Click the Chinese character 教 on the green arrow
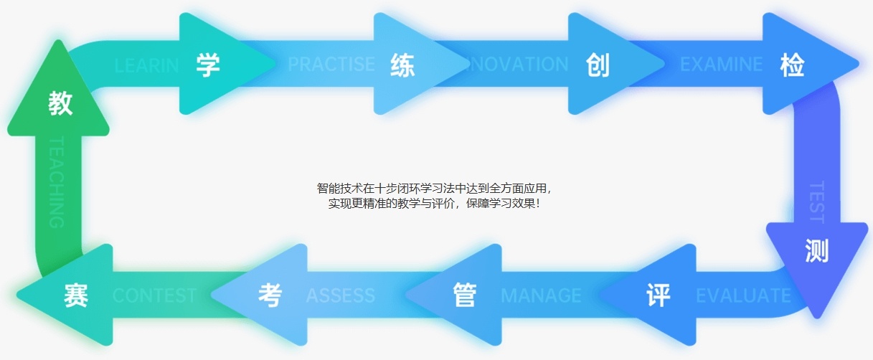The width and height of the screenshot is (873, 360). [x=60, y=103]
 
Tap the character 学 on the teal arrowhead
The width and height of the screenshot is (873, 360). [x=208, y=65]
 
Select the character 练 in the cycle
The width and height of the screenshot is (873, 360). [x=402, y=65]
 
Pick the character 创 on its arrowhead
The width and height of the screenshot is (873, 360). [x=597, y=65]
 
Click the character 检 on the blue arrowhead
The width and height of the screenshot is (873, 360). [x=791, y=65]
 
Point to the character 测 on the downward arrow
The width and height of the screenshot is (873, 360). [x=816, y=250]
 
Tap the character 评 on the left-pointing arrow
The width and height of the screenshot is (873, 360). [x=658, y=295]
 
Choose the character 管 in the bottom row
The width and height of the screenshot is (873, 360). [x=464, y=295]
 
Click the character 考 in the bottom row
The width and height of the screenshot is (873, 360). [x=270, y=295]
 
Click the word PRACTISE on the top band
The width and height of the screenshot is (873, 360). [x=331, y=65]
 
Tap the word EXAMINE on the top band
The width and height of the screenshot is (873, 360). [x=721, y=65]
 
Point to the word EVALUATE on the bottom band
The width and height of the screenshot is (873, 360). [x=743, y=295]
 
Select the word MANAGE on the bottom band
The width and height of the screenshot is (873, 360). [x=541, y=295]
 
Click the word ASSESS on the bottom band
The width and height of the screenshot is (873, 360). [x=340, y=295]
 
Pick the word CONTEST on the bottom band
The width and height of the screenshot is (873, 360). [x=154, y=295]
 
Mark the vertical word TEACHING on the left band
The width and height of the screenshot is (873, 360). [x=57, y=182]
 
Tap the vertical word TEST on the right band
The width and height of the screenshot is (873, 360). [x=816, y=202]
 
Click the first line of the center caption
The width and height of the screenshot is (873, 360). [x=435, y=189]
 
